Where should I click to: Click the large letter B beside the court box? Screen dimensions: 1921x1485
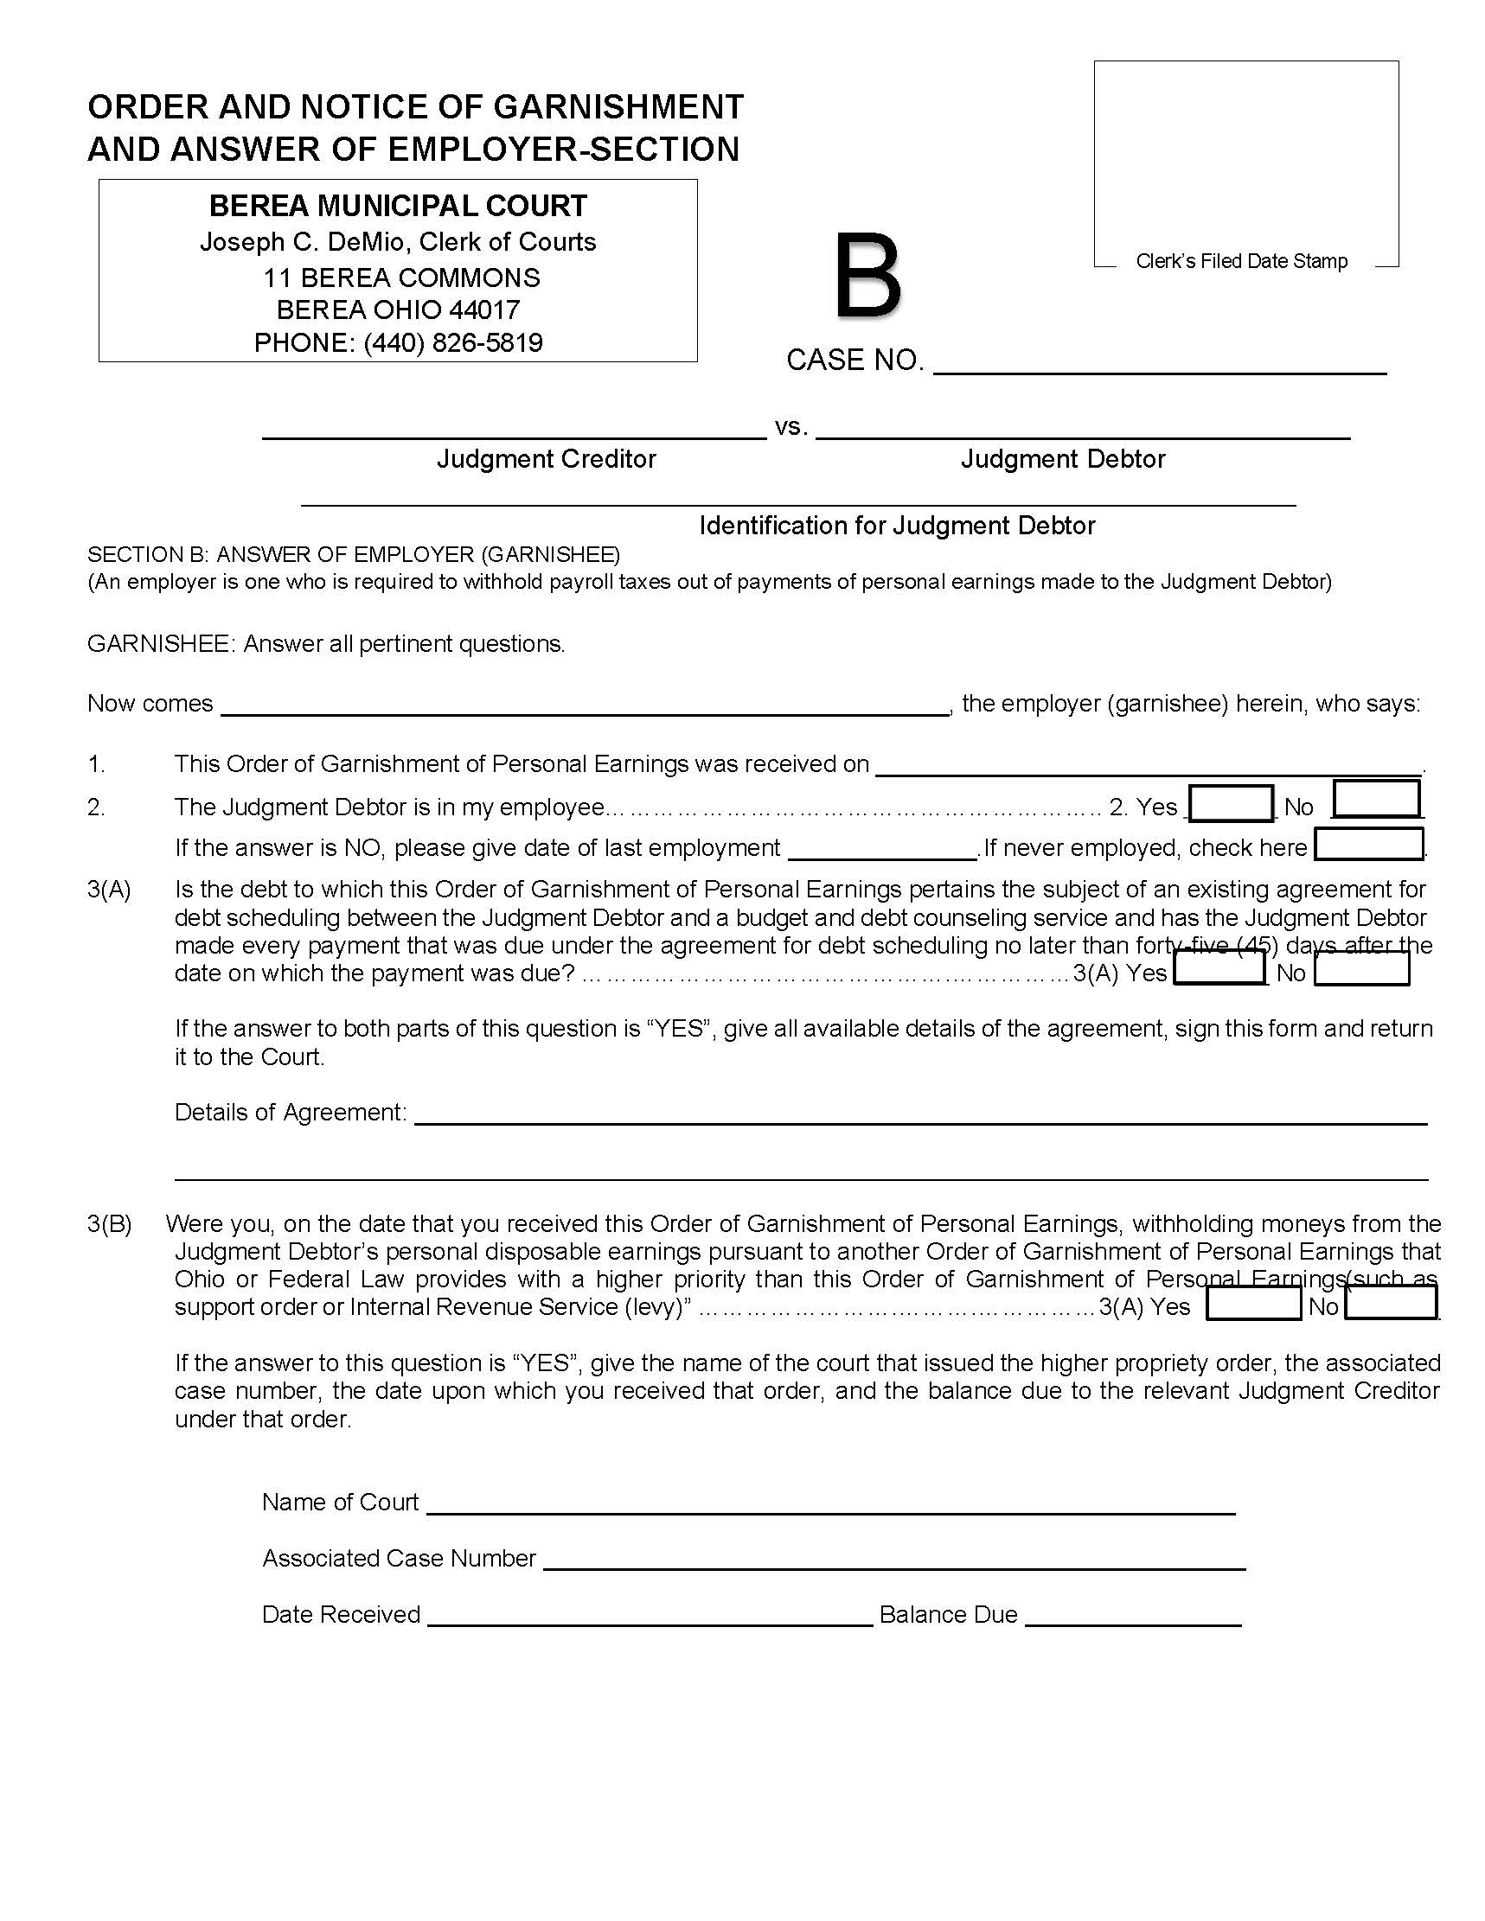867,275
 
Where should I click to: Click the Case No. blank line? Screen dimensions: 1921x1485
1159,363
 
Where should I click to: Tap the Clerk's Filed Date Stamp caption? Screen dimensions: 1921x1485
1241,261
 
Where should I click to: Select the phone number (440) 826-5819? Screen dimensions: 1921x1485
453,342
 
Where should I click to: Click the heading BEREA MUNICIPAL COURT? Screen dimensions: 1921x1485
398,206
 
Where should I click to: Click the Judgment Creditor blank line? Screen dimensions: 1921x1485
514,427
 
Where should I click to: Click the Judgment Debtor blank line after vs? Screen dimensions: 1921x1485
1082,427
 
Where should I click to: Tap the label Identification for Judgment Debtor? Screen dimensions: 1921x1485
897,526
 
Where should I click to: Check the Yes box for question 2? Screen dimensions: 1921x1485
1231,804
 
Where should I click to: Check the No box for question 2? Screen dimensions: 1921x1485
1376,801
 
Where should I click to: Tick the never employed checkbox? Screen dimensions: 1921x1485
1368,846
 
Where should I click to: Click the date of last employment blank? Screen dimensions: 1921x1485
882,849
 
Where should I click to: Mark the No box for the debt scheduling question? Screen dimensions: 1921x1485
1361,969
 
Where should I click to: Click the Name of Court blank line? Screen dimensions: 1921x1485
830,1503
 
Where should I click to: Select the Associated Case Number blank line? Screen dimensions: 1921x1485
893,1560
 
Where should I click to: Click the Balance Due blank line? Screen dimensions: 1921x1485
1133,1616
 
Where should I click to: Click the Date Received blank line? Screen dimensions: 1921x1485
650,1616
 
